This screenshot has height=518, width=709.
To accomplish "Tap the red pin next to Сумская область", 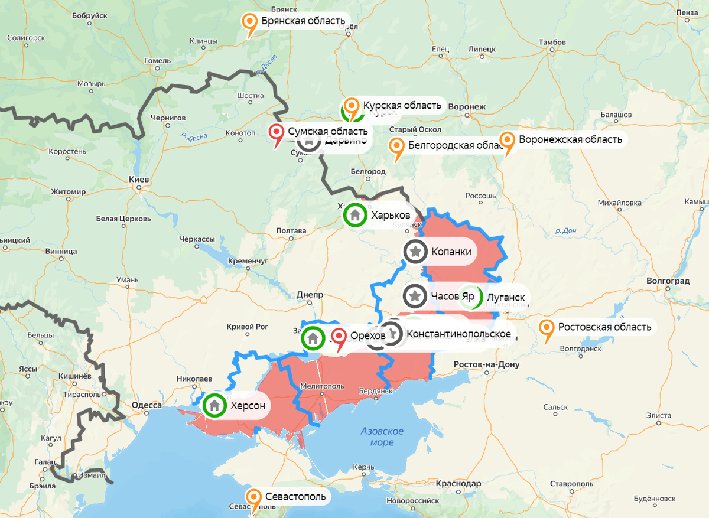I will tap(276, 133).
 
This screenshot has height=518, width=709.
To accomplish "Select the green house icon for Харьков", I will tap(355, 215).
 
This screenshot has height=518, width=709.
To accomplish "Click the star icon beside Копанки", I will tap(415, 252).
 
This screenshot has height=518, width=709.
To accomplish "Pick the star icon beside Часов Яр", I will tap(415, 295).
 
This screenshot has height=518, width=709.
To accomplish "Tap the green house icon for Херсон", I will tap(214, 406).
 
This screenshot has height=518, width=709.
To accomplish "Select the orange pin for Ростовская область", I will tap(547, 328).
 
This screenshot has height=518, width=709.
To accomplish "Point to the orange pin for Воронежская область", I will tap(508, 141).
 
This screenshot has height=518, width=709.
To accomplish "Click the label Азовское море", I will tap(382, 436).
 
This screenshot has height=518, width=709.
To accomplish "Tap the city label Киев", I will tap(139, 180).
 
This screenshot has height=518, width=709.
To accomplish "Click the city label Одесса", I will tap(145, 405).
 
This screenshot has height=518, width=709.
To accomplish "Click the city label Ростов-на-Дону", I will tap(486, 364).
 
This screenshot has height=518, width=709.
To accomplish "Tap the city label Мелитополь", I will tap(322, 386).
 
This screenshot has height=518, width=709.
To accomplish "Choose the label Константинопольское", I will tap(458, 334).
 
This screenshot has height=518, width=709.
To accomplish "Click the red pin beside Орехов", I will tap(339, 336).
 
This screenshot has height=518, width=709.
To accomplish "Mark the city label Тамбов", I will tap(552, 43).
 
